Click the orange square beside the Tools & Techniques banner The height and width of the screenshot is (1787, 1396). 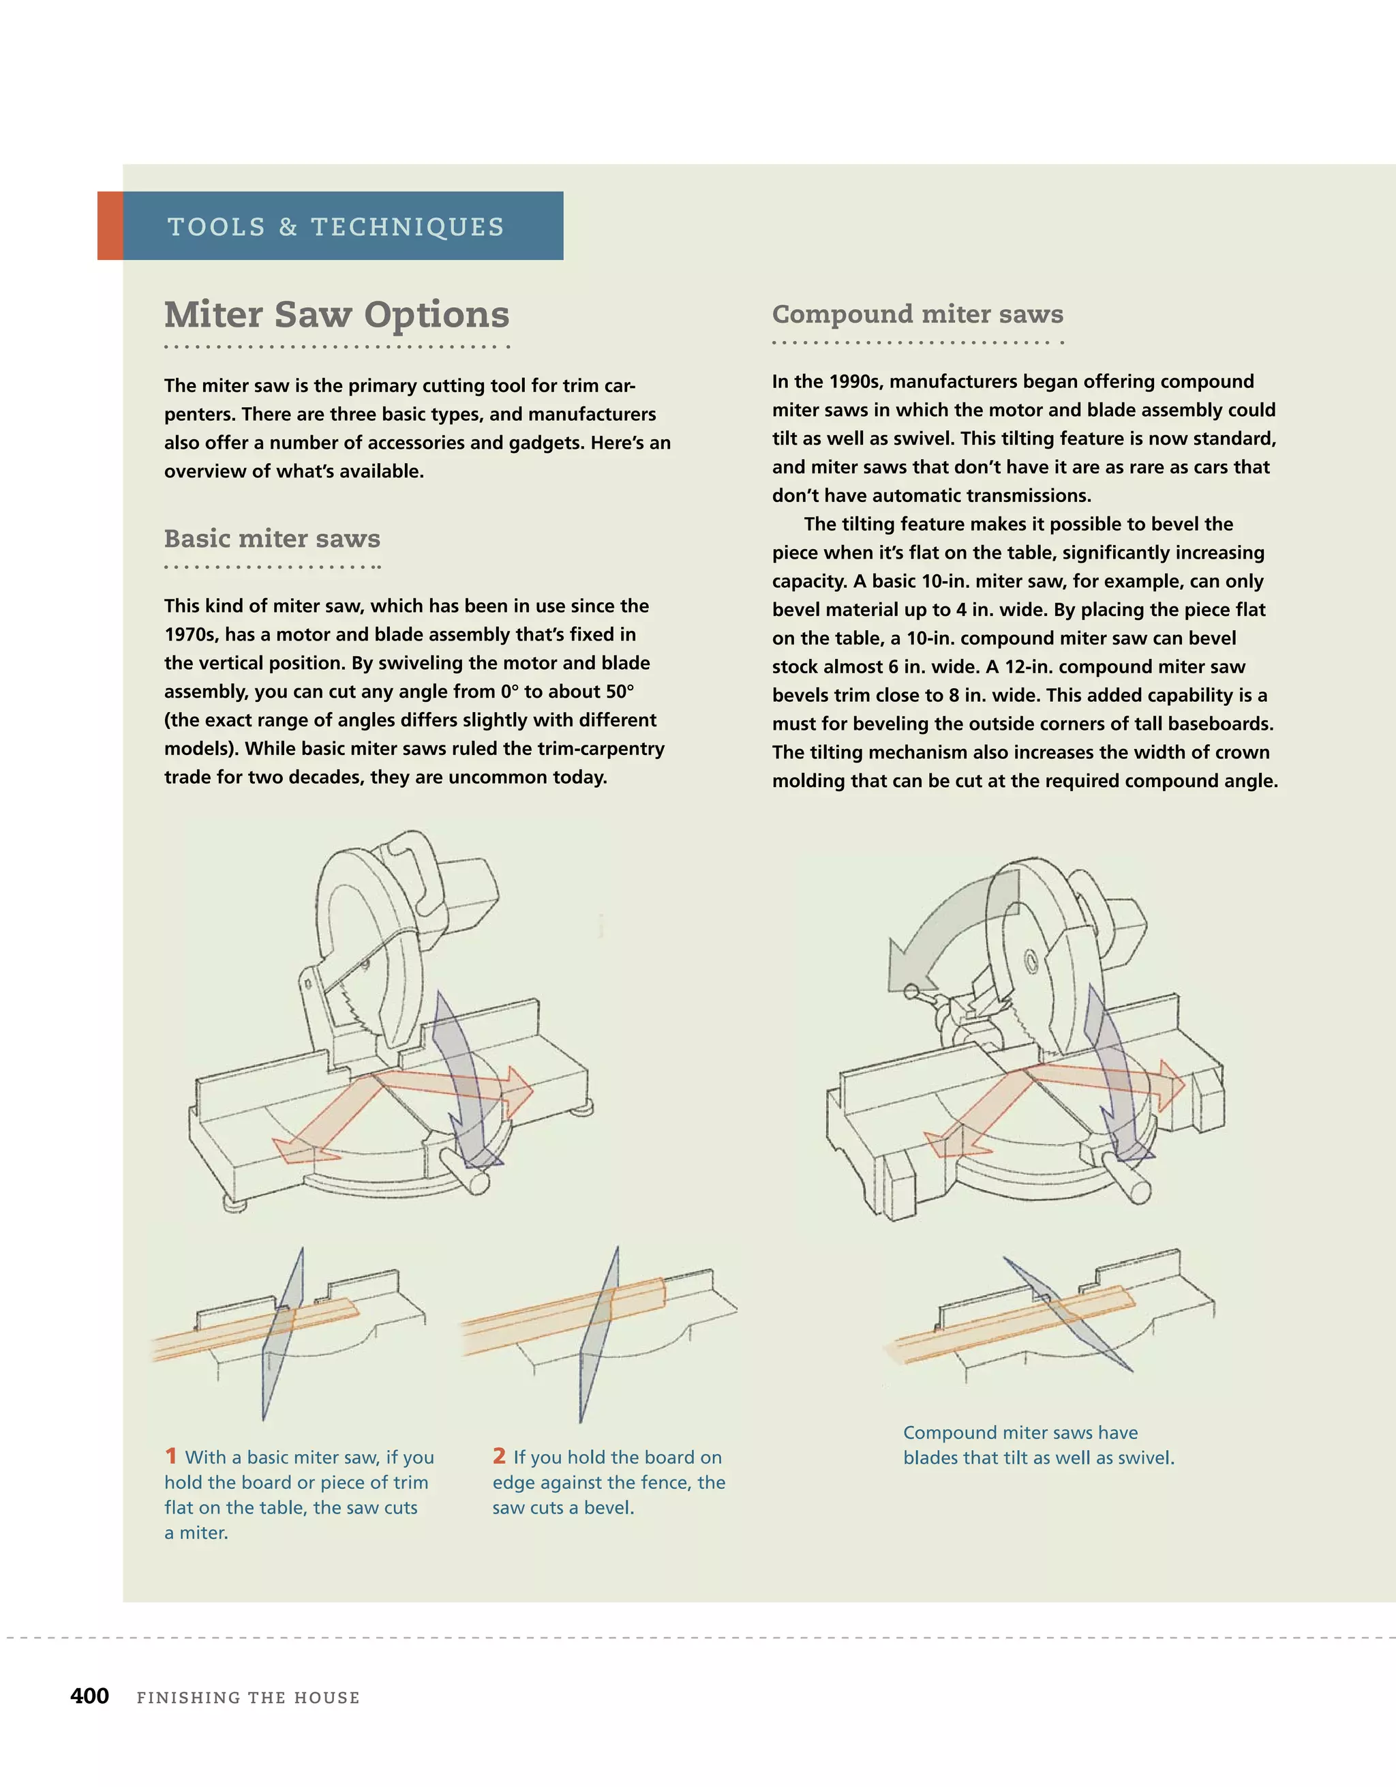point(110,226)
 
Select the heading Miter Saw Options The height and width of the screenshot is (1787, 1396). point(336,314)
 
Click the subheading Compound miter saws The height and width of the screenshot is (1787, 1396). point(917,314)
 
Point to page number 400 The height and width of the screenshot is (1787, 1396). point(89,1696)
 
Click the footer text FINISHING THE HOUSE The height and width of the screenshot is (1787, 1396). point(248,1697)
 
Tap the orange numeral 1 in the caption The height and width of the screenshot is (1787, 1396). point(171,1456)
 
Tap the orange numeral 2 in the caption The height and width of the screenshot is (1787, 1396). point(499,1456)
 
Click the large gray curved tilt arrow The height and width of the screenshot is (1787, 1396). point(941,925)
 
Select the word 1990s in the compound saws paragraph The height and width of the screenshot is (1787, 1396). point(855,381)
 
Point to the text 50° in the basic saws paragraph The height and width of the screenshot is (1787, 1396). point(620,692)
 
